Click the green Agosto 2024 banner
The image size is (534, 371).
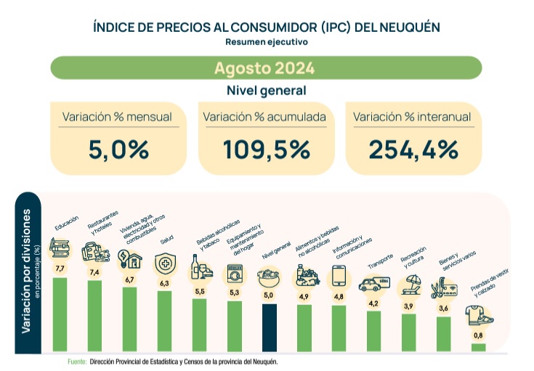(265, 68)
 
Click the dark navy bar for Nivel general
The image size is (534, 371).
(269, 327)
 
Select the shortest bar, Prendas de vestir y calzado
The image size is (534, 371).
(478, 347)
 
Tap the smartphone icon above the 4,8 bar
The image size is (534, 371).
(339, 276)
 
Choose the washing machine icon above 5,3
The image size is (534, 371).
(234, 275)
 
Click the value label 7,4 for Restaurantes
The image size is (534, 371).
(94, 272)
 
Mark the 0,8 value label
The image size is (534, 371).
(478, 335)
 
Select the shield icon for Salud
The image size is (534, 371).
(164, 265)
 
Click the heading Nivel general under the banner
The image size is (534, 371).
(266, 91)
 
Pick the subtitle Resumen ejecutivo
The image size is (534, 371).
(266, 42)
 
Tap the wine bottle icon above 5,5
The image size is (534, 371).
(196, 266)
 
